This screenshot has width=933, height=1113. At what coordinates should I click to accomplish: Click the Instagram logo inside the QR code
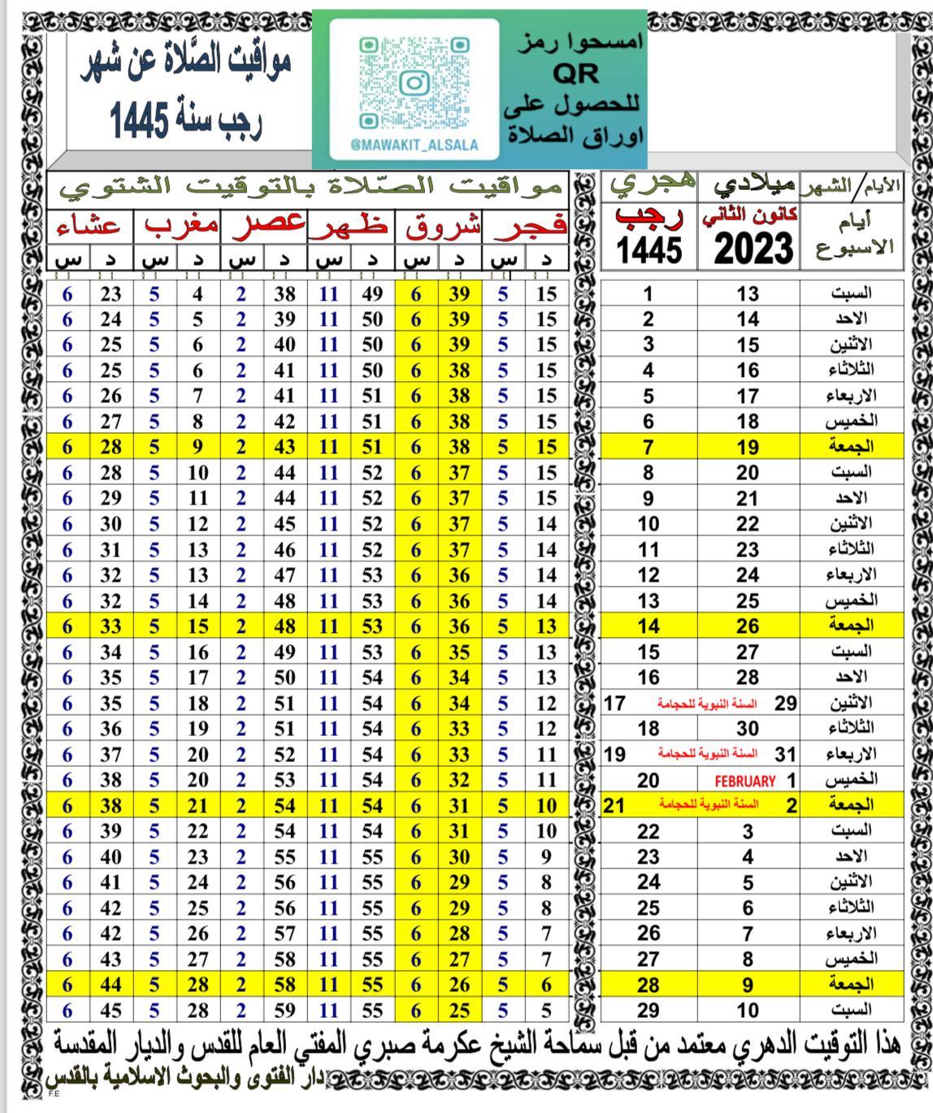pos(414,83)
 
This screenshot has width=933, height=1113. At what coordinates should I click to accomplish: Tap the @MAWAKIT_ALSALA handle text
pos(414,145)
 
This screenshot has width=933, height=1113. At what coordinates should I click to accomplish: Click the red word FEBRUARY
pos(744,782)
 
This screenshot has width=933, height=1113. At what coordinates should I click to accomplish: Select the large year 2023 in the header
pos(753,249)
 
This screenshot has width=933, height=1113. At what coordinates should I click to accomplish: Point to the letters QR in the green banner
pos(575,74)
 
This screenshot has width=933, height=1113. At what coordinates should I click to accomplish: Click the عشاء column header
pos(89,226)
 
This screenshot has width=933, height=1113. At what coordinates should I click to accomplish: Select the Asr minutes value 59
pos(284,1011)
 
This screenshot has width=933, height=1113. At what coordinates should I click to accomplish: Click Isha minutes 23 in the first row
pos(111,294)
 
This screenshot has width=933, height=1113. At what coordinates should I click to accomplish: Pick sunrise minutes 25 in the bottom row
pos(459,1011)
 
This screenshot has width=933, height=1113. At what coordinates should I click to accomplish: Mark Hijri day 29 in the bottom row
pos(649,1011)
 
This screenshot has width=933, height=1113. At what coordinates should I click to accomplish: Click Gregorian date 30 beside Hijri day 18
pos(748,729)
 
